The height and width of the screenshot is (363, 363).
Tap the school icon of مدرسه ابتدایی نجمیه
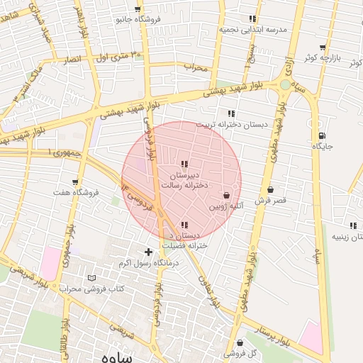pos(252,19)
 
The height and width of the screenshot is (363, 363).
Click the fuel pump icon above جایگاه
pos(323,136)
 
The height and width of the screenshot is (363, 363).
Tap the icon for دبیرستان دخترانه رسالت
pos(185,164)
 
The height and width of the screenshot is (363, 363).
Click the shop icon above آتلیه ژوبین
pos(226,195)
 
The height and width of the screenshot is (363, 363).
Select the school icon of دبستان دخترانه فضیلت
pos(185,225)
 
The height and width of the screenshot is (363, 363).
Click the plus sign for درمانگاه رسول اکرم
pos(148,252)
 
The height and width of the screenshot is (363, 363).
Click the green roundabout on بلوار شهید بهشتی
pos(284,84)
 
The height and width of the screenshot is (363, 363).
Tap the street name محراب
pos(195,68)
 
